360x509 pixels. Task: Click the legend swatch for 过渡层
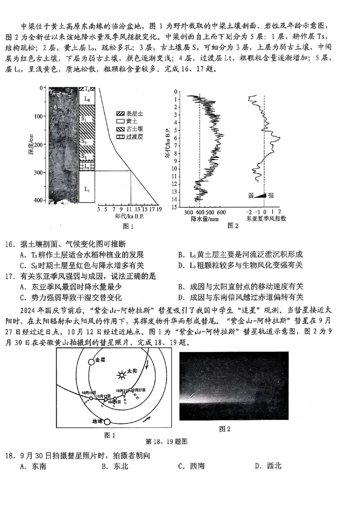pyautogui.click(x=120, y=136)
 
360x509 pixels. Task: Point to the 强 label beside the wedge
pyautogui.click(x=270, y=195)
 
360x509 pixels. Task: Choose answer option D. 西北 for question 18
pyautogui.click(x=269, y=466)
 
